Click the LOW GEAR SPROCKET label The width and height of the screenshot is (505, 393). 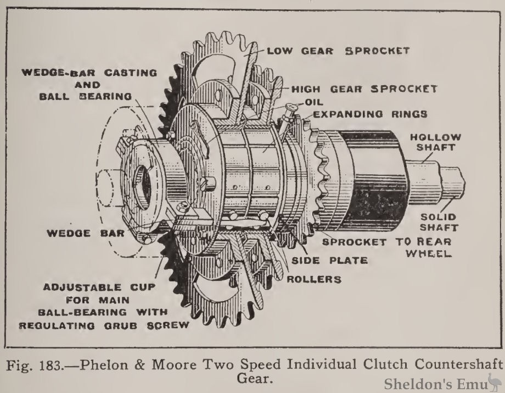338,51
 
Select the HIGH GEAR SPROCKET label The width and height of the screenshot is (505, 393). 364,88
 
